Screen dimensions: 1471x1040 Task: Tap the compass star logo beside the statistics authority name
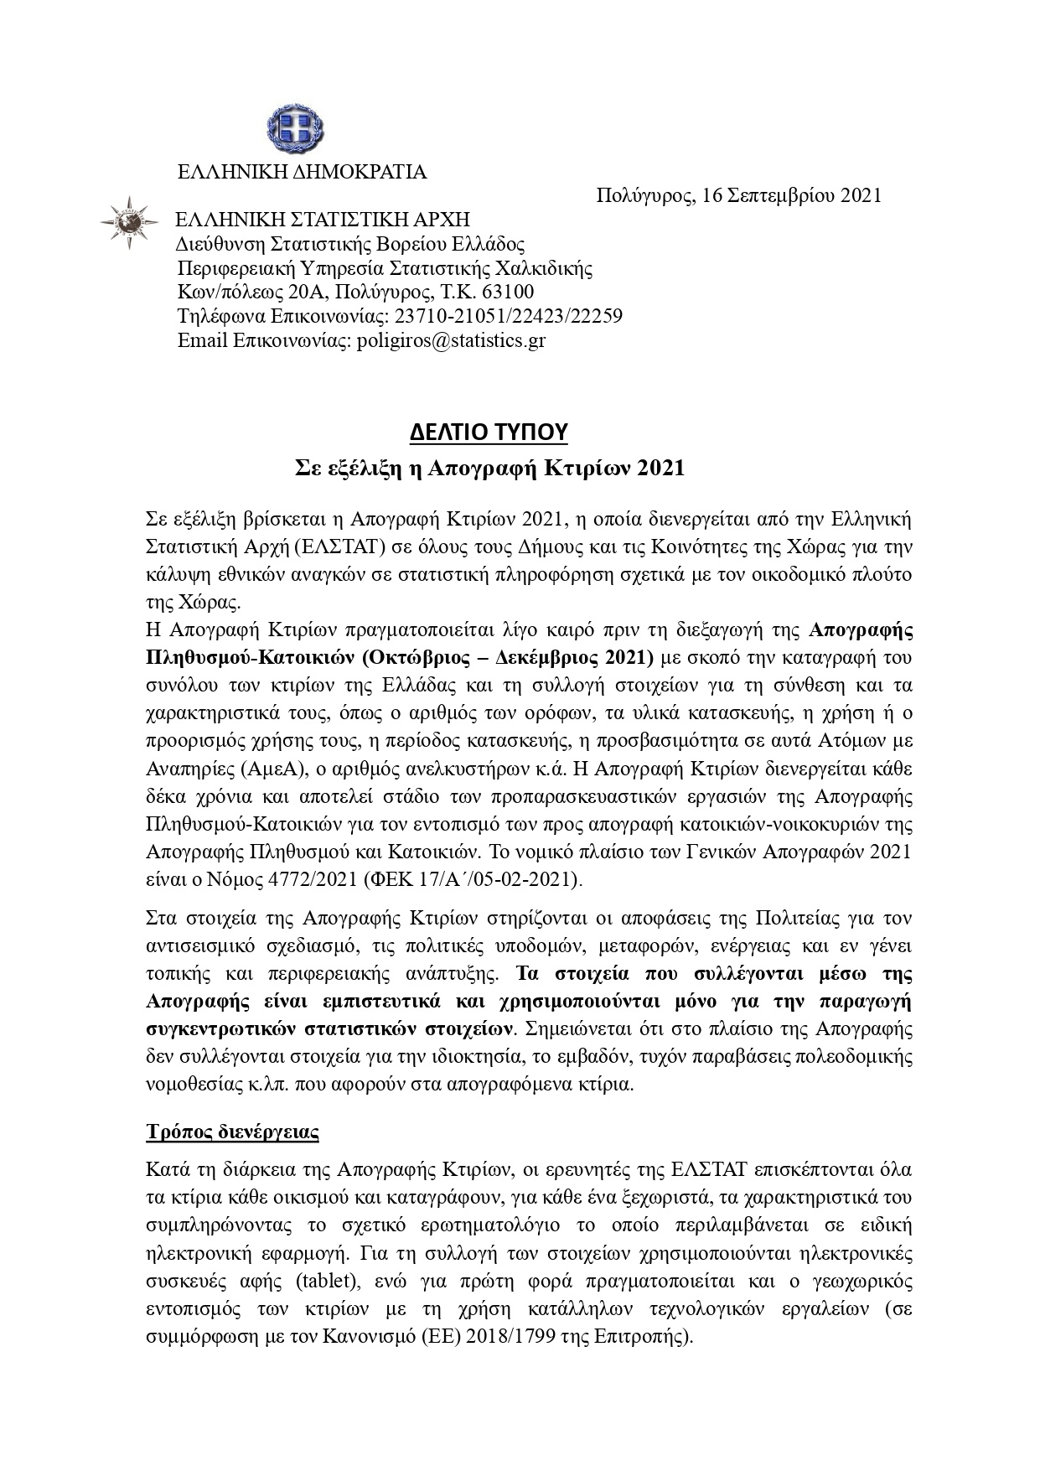click(129, 221)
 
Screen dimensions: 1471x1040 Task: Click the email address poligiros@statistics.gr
click(452, 341)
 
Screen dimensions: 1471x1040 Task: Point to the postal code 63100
click(509, 293)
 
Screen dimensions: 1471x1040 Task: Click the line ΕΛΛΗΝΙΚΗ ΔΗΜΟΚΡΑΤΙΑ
click(302, 172)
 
